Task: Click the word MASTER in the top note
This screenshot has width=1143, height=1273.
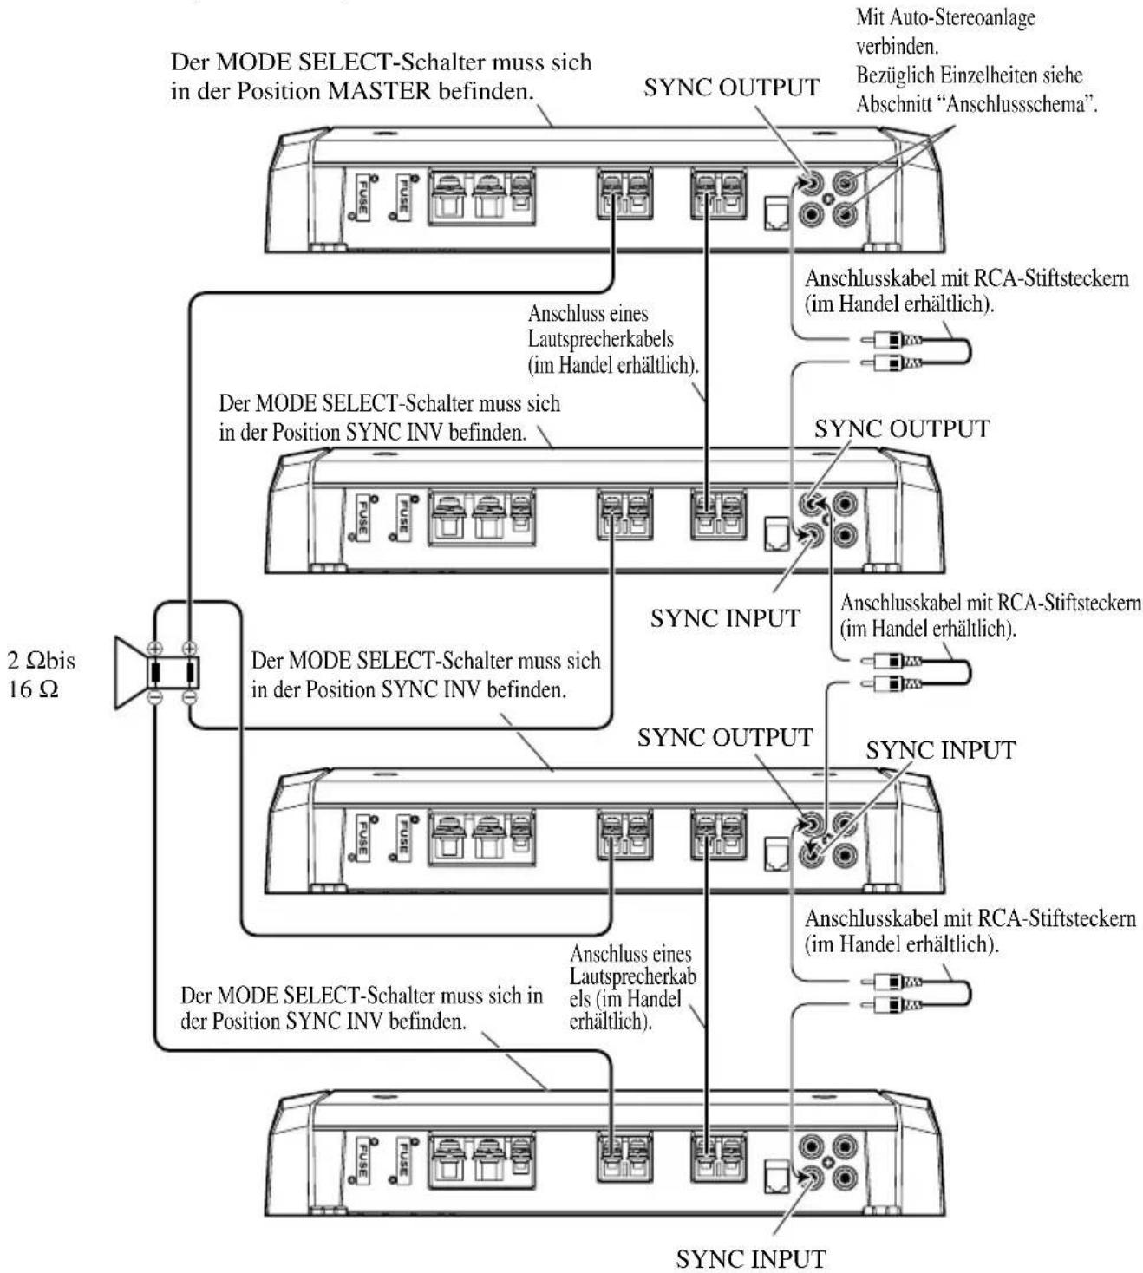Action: click(380, 92)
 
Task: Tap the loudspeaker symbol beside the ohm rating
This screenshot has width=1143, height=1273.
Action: click(157, 672)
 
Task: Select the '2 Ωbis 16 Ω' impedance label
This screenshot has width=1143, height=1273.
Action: click(41, 675)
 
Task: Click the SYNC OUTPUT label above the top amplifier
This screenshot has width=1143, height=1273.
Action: click(731, 88)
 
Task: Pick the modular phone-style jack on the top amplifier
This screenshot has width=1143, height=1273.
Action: click(777, 213)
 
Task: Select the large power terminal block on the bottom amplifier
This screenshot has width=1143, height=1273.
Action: click(482, 1161)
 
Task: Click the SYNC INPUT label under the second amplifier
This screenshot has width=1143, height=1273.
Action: click(725, 618)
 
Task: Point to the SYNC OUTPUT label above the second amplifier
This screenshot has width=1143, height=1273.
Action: click(902, 429)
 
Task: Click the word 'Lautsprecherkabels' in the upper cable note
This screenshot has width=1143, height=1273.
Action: click(601, 339)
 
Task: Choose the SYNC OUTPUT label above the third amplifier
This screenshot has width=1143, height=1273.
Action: click(725, 737)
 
